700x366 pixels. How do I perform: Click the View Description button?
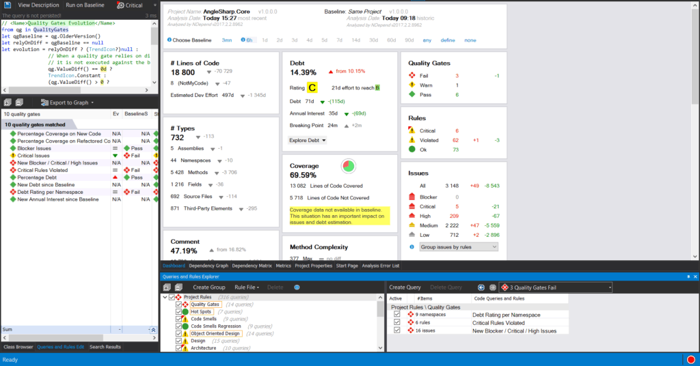38,5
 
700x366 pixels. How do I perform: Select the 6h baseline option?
250,40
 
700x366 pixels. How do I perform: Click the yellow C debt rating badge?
312,87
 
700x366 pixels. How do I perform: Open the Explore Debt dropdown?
308,140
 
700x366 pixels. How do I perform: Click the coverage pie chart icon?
349,167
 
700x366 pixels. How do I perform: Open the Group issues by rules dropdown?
459,247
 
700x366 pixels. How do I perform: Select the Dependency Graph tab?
208,266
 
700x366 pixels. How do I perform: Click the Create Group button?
208,287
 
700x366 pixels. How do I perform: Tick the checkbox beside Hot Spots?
179,312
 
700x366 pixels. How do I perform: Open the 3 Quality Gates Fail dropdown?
556,287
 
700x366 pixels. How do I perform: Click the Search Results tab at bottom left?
105,347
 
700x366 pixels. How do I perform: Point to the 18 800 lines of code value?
183,72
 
